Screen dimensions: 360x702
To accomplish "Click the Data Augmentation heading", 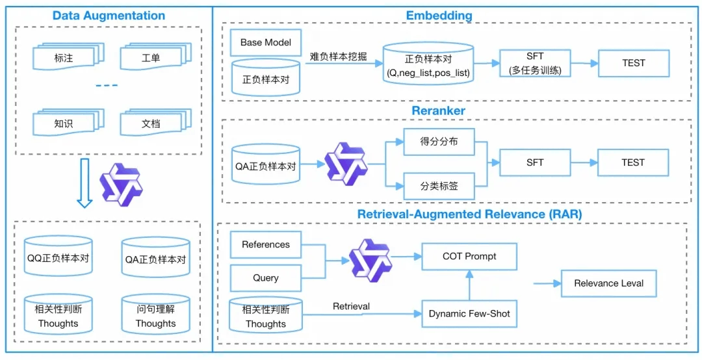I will coord(109,16).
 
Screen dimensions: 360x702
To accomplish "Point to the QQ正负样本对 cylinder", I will coord(58,258).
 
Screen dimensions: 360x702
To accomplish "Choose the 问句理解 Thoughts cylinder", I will coord(155,316).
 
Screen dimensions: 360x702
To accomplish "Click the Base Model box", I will coord(266,42).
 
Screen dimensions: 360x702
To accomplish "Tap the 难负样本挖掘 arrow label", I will coord(338,57).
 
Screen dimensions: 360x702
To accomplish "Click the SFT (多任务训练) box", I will coord(535,64).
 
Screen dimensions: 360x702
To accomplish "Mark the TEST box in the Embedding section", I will coord(632,63).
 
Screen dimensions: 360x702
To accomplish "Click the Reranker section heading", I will coord(438,111).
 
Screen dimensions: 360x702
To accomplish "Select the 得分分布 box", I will coord(439,142).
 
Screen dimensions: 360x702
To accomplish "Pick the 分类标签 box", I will coord(439,186).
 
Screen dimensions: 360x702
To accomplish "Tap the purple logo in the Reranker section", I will coord(346,164).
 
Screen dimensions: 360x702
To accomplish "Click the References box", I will coord(266,245).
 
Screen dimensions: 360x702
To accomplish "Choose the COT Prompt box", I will coord(469,257).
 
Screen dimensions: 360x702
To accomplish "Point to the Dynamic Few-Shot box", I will coord(469,314).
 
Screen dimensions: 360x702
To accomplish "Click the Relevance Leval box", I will coord(609,283).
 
